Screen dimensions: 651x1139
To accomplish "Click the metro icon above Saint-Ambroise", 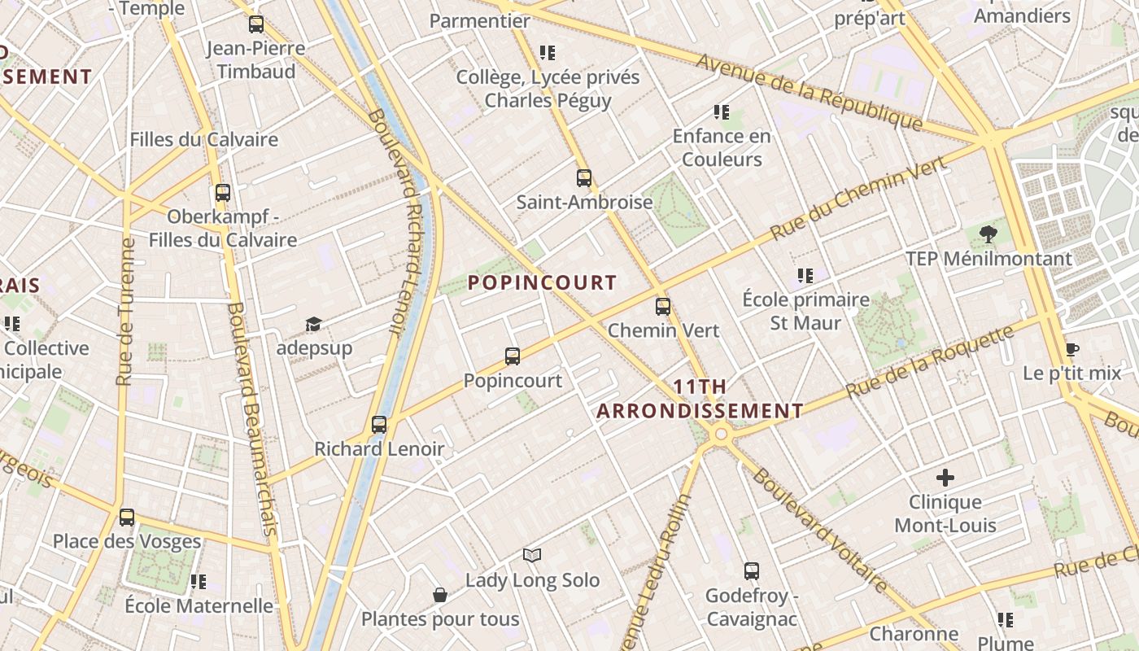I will click(583, 177).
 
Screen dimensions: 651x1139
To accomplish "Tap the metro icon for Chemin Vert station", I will click(663, 307).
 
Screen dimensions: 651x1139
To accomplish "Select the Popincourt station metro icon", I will click(512, 356).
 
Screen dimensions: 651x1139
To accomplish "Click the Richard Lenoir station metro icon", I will click(378, 424).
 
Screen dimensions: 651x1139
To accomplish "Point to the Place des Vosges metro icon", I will click(126, 517).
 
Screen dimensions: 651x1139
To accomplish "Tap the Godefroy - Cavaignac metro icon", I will click(751, 571).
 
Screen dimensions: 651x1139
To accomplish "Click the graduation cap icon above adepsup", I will click(313, 325).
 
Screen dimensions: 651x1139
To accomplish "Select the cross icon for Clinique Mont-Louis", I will click(945, 478).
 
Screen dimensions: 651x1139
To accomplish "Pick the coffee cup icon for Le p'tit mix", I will click(1071, 350).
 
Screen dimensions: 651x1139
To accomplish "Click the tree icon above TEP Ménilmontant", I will click(988, 235).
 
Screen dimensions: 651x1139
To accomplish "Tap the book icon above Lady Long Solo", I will click(532, 555).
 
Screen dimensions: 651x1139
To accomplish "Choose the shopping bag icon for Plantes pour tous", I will click(440, 595).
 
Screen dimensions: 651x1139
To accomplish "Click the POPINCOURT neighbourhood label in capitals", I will click(543, 282).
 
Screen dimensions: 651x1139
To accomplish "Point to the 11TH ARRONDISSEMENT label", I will click(700, 399).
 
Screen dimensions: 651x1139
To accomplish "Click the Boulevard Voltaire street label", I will click(818, 530).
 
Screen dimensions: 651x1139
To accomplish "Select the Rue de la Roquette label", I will click(930, 361).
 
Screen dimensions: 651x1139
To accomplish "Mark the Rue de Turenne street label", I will click(125, 311).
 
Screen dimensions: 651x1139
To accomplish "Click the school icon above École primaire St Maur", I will click(805, 276).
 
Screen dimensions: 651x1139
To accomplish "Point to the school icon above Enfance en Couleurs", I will click(721, 111).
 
